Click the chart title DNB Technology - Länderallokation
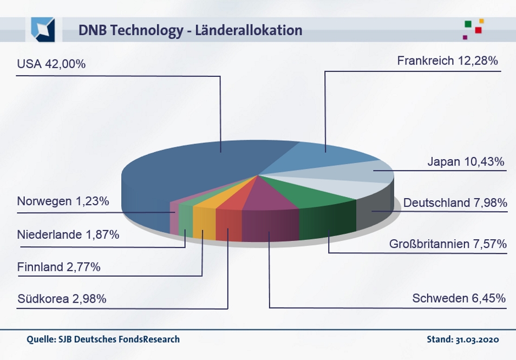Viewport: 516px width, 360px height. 190,30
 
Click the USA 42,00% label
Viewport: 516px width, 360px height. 51,64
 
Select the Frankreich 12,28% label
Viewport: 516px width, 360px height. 447,61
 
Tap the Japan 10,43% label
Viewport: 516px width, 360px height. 466,161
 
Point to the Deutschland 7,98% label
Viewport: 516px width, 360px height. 455,203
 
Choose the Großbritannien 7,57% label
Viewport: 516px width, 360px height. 448,244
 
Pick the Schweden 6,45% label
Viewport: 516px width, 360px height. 459,298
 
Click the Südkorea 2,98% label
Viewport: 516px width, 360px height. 62,299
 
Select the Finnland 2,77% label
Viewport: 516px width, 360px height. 58,267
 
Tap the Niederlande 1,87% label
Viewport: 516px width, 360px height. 68,235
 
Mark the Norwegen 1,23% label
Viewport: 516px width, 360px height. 63,201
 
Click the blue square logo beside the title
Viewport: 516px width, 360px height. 43,30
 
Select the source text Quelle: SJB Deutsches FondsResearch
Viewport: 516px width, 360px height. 103,339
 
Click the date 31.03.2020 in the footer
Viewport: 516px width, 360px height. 476,339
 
